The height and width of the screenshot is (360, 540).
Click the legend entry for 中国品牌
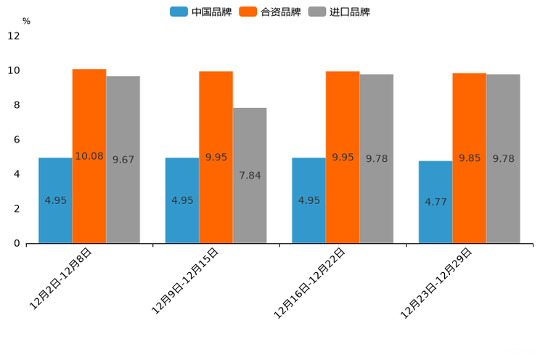click(201, 12)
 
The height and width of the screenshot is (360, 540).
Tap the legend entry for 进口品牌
click(339, 12)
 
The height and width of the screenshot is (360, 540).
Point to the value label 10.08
click(89, 156)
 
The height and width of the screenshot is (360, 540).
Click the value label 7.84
click(250, 176)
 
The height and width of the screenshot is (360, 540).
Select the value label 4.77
click(435, 202)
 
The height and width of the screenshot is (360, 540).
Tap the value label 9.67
click(123, 160)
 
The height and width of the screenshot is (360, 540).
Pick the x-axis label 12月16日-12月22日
click(309, 283)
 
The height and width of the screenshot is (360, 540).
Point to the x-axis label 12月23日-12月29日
click(436, 283)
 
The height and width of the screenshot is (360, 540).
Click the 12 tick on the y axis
click(14, 36)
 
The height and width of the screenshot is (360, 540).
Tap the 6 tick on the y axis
click(17, 139)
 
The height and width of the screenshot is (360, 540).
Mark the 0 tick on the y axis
click(17, 243)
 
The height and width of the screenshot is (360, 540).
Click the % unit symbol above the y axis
click(26, 21)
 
